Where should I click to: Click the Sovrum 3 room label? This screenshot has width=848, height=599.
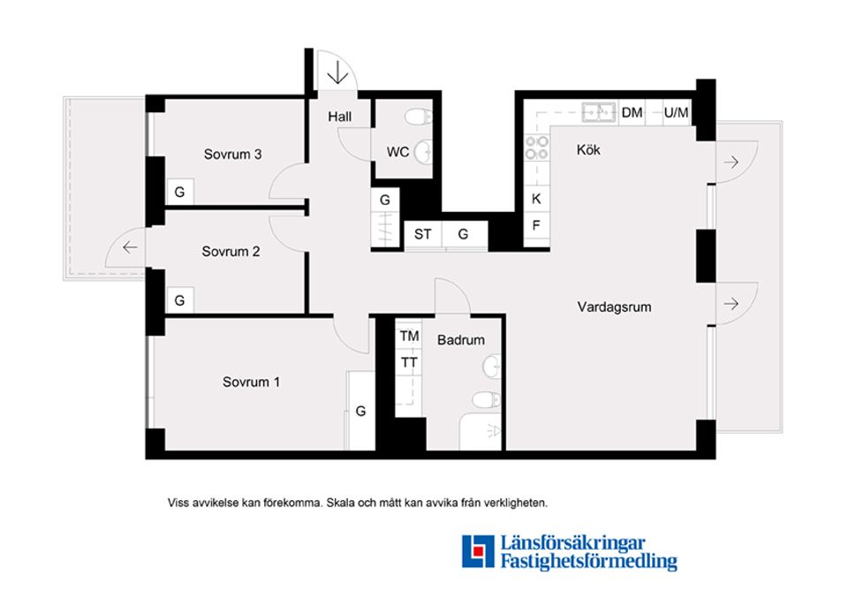[232, 155]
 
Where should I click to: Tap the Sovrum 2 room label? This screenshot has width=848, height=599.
[231, 252]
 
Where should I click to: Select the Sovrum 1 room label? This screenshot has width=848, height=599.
[252, 382]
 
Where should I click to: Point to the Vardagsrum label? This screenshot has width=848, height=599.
[615, 307]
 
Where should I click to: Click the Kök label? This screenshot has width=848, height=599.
[588, 150]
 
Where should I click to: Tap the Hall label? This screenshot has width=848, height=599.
[339, 117]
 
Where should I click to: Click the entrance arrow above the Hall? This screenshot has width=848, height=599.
[337, 72]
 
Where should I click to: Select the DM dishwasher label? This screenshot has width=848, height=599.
[632, 112]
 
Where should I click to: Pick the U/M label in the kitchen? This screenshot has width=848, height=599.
[676, 112]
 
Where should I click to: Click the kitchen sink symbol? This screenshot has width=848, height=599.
[599, 112]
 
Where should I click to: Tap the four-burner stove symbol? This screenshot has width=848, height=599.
[537, 148]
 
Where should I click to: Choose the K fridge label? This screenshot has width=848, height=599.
[536, 199]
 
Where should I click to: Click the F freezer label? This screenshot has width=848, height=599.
[536, 225]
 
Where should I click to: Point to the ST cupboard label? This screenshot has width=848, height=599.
[423, 234]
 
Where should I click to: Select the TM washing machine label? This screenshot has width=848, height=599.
[409, 337]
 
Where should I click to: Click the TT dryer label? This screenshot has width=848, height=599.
[409, 362]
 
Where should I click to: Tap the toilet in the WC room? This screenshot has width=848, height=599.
[419, 117]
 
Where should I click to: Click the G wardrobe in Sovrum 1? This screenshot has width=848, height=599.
[360, 411]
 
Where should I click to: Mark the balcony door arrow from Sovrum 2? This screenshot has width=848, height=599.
[130, 247]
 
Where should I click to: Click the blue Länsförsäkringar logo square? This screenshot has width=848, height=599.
[478, 551]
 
